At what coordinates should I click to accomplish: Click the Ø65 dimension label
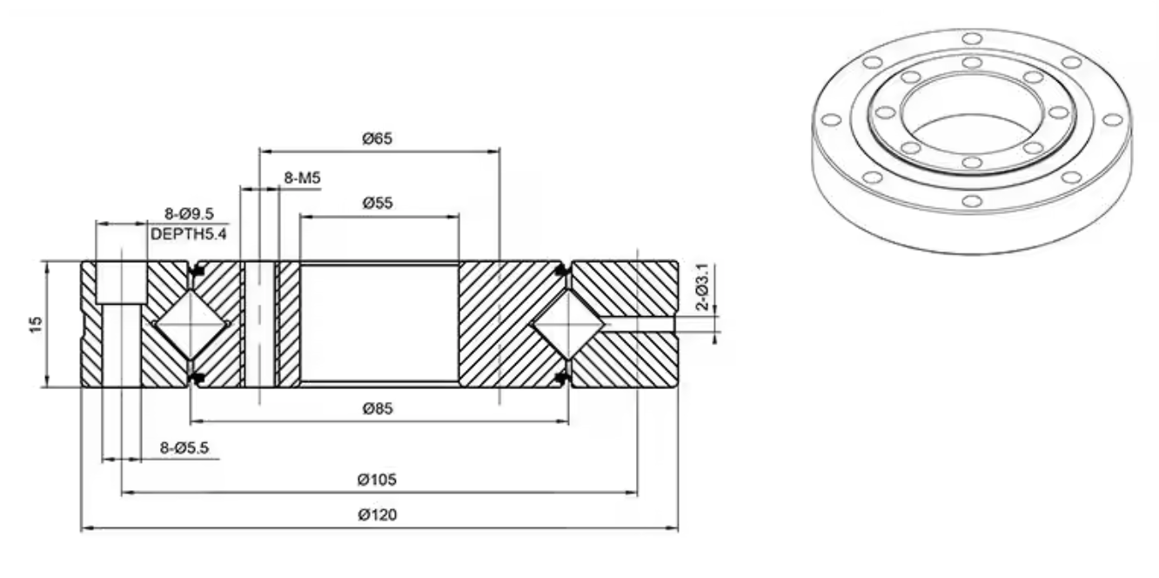(x=377, y=138)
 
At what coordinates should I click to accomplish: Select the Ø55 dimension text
(x=378, y=203)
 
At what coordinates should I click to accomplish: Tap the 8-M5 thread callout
(x=302, y=178)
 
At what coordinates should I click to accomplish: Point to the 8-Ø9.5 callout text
(x=189, y=214)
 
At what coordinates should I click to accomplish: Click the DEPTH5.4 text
(x=188, y=234)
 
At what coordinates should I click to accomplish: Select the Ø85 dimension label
(x=378, y=409)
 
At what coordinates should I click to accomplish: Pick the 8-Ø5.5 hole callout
(x=184, y=447)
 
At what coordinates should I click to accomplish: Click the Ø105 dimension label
(x=377, y=480)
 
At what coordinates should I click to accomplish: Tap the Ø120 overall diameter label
(x=377, y=514)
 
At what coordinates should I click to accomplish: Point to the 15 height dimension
(x=36, y=325)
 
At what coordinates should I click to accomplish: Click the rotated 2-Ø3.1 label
(x=703, y=286)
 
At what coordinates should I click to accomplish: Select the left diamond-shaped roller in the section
(x=192, y=325)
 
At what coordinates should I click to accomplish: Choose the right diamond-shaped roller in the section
(x=568, y=325)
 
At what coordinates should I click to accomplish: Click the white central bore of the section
(x=379, y=325)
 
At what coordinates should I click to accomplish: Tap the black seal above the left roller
(x=198, y=271)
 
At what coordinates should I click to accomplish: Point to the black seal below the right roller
(x=559, y=379)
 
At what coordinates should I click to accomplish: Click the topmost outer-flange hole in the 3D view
(x=972, y=39)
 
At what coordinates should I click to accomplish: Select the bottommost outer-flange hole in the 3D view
(x=972, y=201)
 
